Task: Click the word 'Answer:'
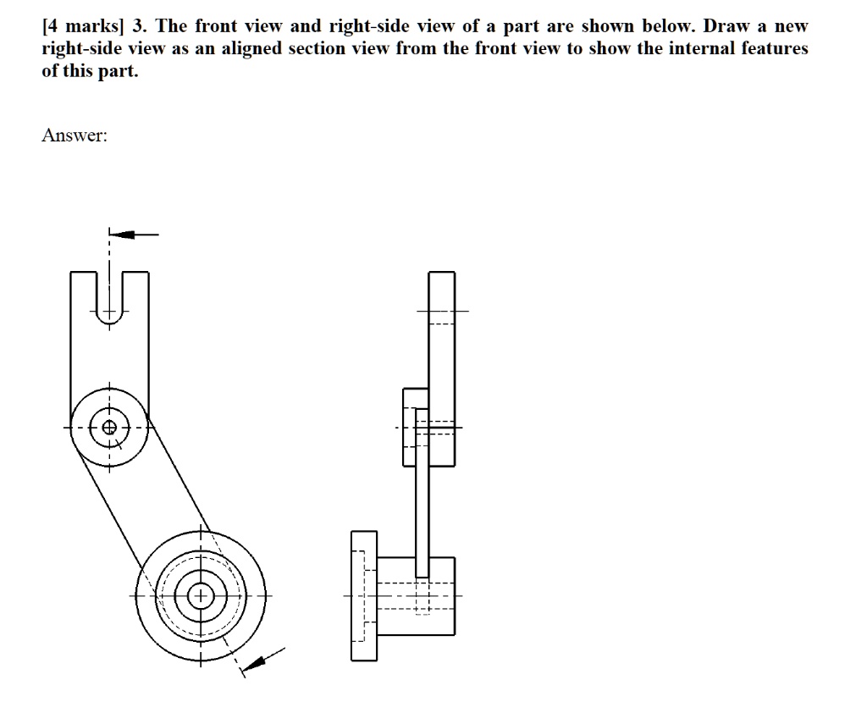pos(75,135)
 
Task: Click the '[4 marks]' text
pos(81,26)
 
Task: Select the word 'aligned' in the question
pos(251,48)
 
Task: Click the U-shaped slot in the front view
pos(109,296)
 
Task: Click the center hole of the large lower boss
pos(202,596)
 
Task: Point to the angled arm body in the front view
pos(148,500)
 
